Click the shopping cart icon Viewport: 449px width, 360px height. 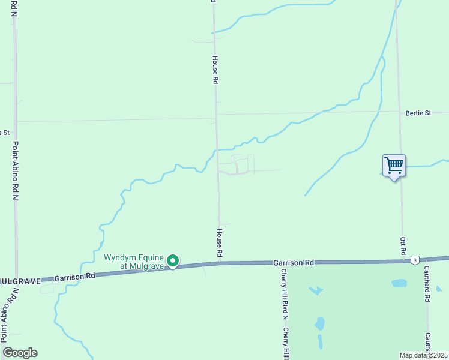[x=394, y=165]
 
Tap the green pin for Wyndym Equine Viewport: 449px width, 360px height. [x=173, y=260]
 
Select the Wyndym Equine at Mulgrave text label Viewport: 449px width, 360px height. [x=133, y=262]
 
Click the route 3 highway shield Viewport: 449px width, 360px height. [x=415, y=259]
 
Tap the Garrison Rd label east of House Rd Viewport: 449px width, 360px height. [x=293, y=263]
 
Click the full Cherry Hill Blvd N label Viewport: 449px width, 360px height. [x=285, y=293]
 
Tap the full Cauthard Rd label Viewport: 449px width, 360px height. [x=427, y=284]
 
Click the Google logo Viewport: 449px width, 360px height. [x=20, y=353]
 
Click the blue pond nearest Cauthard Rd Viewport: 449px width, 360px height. [x=399, y=283]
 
